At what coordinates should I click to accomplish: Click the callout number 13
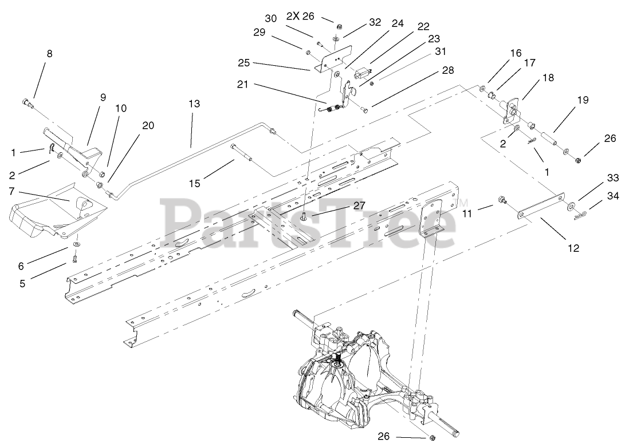click(x=194, y=104)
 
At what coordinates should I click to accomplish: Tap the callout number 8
click(x=49, y=54)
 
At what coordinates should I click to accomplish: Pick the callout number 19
click(x=583, y=100)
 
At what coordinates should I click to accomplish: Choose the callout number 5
click(x=22, y=283)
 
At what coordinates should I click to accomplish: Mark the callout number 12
click(x=573, y=248)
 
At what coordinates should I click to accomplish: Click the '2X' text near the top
click(x=292, y=17)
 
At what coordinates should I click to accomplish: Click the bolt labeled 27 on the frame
click(x=304, y=216)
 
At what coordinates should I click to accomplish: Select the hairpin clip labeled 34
click(x=581, y=214)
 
